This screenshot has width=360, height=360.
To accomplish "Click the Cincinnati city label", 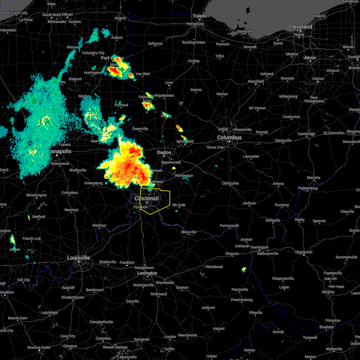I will click(x=147, y=199).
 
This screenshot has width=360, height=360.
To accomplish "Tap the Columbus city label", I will click(x=229, y=137).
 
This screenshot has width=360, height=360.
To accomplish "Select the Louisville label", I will click(x=78, y=258).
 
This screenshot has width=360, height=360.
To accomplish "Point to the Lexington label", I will click(x=147, y=273).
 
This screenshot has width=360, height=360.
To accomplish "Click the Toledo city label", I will click(x=200, y=16).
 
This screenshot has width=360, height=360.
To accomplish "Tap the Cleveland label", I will click(x=300, y=27).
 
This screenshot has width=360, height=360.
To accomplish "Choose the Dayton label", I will click(x=164, y=152).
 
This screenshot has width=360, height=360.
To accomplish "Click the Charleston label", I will click(x=304, y=252).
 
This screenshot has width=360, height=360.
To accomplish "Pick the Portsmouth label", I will click(x=229, y=226).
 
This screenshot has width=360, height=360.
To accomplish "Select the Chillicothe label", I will click(x=230, y=183).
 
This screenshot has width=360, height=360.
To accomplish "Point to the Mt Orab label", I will click(x=179, y=205).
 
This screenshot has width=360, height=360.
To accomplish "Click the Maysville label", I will click(x=189, y=232).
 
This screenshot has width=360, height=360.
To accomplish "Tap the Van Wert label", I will click(x=143, y=74).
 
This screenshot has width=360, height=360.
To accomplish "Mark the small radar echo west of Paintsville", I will click(x=244, y=269).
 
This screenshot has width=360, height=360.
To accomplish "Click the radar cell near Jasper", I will click(x=12, y=239).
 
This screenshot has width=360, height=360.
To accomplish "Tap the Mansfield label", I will click(x=256, y=81).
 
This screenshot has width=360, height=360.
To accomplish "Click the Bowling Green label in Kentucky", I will click(x=39, y=347).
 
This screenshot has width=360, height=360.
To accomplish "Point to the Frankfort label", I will click(x=127, y=262).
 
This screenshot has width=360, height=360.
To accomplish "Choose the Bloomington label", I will click(x=37, y=195).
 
